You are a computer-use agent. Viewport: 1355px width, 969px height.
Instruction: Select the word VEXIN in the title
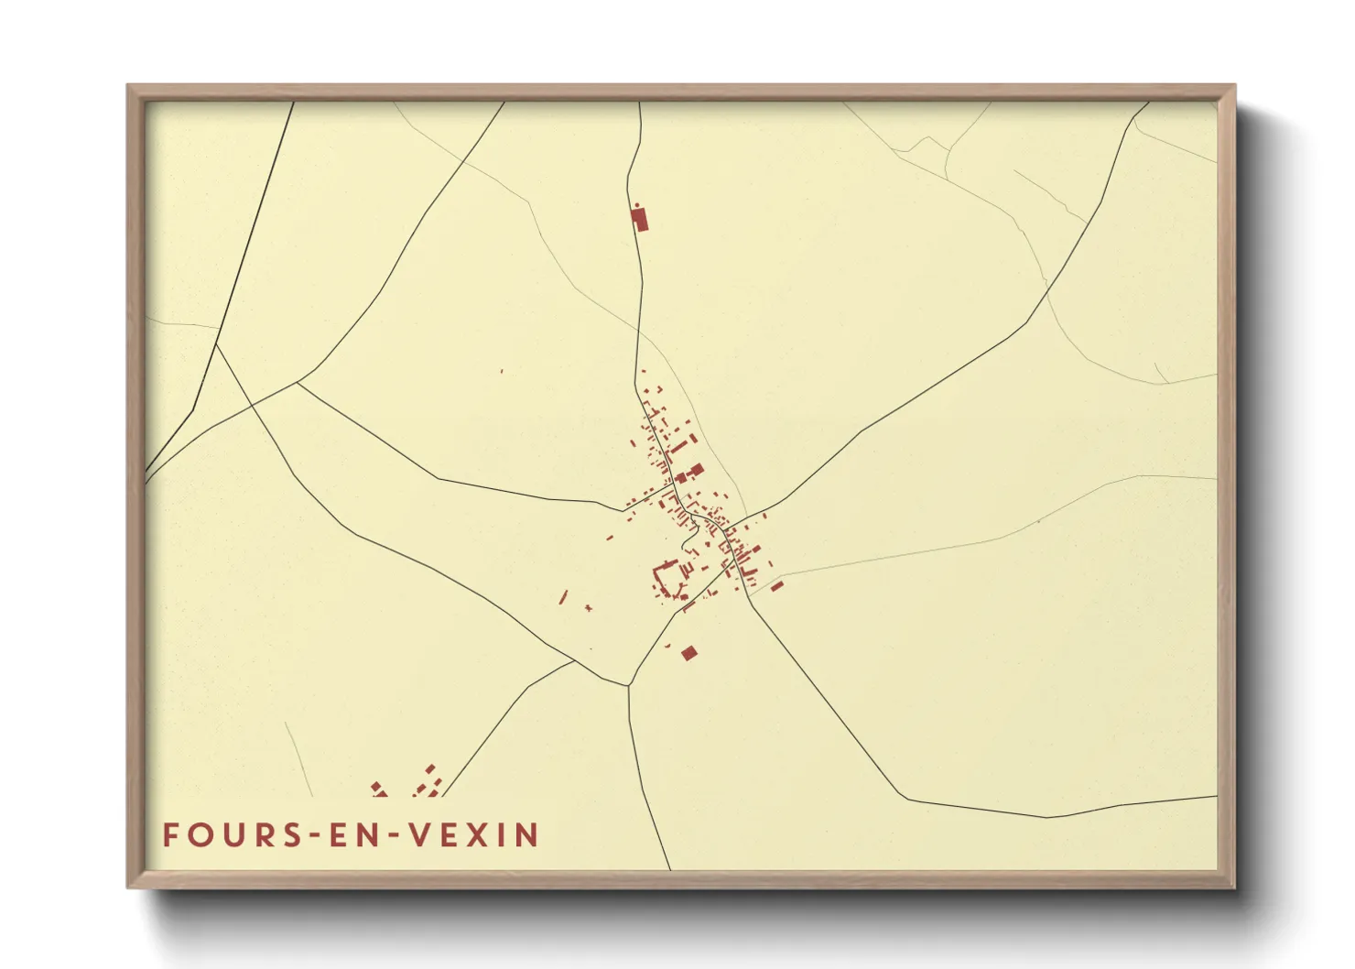point(473,835)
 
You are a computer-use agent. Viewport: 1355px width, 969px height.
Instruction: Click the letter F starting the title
point(170,835)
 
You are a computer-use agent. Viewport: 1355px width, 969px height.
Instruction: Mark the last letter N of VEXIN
point(526,835)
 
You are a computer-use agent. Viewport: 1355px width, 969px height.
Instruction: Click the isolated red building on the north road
point(640,219)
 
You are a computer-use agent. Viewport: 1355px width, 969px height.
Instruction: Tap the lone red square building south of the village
point(688,652)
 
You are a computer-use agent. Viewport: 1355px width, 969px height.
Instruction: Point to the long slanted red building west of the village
point(564,597)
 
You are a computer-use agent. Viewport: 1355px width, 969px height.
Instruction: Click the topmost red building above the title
point(430,768)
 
